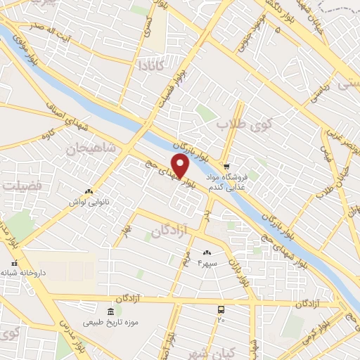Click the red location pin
coord(181,166)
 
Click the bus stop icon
coord(221,309)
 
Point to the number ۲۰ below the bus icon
coord(221,320)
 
